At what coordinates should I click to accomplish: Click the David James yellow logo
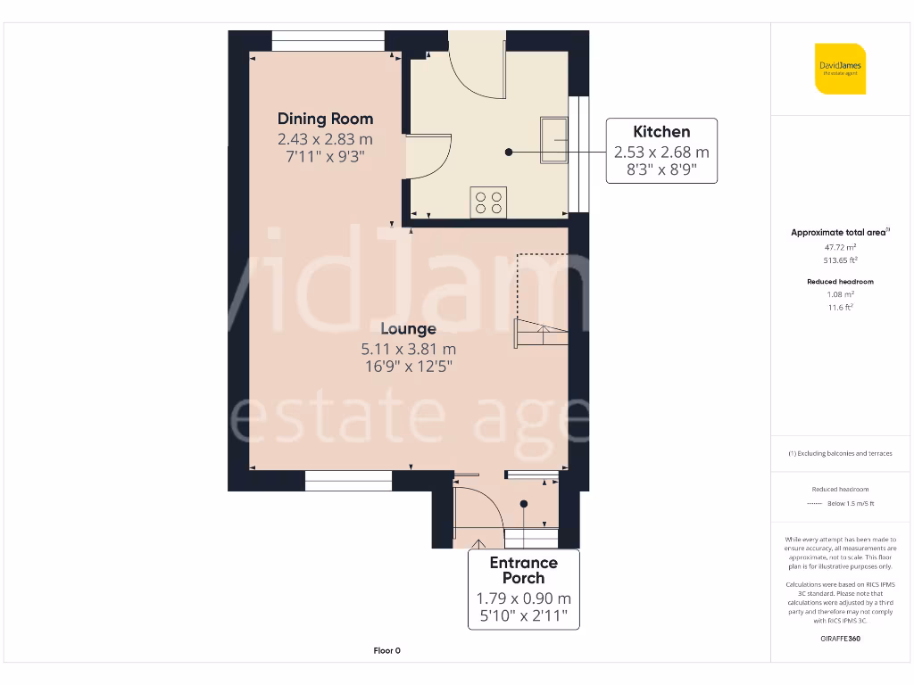[x=840, y=69]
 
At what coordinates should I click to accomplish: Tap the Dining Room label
[x=325, y=119]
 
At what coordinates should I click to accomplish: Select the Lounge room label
[x=408, y=329]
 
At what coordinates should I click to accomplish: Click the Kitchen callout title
[x=661, y=132]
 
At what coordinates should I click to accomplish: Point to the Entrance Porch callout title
[x=523, y=570]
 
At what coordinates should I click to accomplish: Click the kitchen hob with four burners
[x=488, y=202]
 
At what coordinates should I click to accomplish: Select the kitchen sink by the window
[x=553, y=140]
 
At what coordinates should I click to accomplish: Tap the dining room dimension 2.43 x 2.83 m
[x=325, y=139]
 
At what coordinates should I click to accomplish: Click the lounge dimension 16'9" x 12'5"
[x=408, y=366]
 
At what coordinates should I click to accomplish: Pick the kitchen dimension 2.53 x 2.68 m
[x=661, y=153]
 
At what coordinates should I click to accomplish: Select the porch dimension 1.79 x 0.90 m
[x=523, y=598]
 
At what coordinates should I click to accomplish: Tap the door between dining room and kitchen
[x=428, y=157]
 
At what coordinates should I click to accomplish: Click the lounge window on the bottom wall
[x=343, y=483]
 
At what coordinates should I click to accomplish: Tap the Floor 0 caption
[x=386, y=651]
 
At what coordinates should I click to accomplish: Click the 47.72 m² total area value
[x=839, y=246]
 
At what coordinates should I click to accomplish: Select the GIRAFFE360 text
[x=839, y=639]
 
